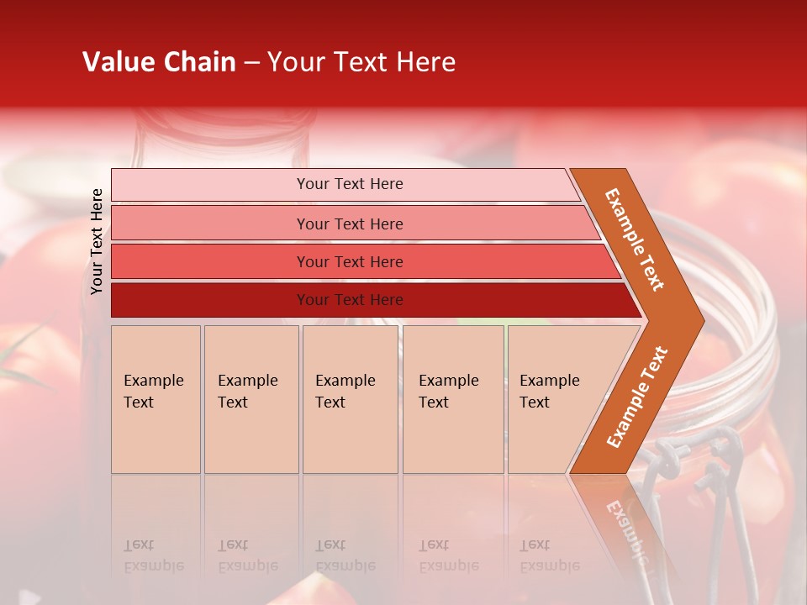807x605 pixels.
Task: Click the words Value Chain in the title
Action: click(159, 62)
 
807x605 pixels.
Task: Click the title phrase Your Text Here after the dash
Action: click(361, 62)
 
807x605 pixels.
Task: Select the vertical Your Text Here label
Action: click(97, 241)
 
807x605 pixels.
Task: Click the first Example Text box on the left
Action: click(156, 399)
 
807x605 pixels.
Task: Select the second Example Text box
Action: click(251, 399)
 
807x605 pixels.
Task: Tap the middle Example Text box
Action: click(350, 399)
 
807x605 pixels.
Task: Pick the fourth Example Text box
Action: click(453, 399)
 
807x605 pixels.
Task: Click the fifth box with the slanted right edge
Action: click(555, 399)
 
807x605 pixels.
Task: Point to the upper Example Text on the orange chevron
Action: click(635, 239)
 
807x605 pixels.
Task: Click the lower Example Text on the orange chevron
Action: click(637, 397)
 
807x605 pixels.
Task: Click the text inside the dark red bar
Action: click(350, 300)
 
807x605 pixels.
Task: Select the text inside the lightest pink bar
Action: click(350, 184)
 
